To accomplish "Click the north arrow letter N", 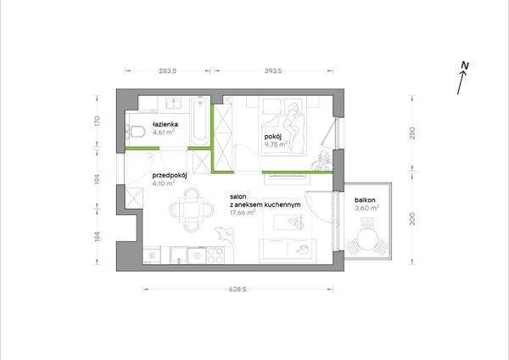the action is (465, 65).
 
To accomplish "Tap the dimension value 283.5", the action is (168, 70).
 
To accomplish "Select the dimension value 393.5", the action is (273, 70).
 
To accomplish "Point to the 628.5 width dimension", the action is (238, 290).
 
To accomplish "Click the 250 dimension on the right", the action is (412, 133).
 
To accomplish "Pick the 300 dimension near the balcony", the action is (412, 219).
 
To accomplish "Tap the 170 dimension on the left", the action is (97, 121).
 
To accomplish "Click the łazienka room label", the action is (165, 124).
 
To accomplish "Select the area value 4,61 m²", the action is (164, 132).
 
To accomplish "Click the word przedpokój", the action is (170, 176).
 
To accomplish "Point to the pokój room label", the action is (273, 137).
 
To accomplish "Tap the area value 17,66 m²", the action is (243, 213).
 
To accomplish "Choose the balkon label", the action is (365, 200).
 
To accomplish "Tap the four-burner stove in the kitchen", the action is (215, 255).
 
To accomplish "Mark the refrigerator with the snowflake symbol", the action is (152, 255).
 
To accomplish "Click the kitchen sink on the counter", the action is (178, 255).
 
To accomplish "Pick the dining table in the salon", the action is (192, 211).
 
